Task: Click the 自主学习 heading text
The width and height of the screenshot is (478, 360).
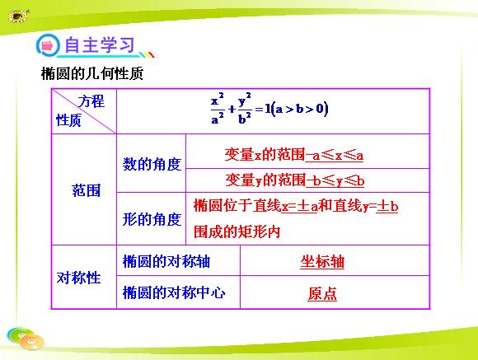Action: tap(100, 45)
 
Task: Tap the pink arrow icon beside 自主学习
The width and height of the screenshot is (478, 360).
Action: tap(47, 46)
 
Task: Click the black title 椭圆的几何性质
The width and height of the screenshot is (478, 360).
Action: tap(92, 73)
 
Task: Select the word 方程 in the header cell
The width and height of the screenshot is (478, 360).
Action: tap(91, 101)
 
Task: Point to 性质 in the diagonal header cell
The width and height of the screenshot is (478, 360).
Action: tap(68, 120)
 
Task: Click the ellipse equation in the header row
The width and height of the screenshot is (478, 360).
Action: tap(269, 108)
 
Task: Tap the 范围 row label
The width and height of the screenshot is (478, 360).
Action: tap(87, 190)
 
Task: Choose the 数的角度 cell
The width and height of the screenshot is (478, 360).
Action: tap(152, 164)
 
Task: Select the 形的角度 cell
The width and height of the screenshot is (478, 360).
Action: tap(152, 219)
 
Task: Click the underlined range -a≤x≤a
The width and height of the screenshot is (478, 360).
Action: tap(334, 155)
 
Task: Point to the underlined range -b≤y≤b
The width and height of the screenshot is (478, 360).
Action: tap(335, 180)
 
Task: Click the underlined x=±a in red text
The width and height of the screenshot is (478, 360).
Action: tap(299, 206)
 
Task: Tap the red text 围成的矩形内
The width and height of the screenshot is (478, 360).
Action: tap(237, 231)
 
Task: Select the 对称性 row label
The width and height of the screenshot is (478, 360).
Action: tap(78, 278)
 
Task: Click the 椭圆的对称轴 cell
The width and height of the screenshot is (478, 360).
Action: tap(166, 261)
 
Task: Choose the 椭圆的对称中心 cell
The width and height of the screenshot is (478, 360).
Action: tap(174, 292)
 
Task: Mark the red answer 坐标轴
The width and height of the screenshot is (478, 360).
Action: tap(322, 262)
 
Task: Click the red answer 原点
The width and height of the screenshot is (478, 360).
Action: tap(322, 294)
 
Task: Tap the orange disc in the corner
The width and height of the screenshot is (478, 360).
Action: tap(31, 342)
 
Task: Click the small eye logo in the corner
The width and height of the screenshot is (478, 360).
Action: tap(18, 16)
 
